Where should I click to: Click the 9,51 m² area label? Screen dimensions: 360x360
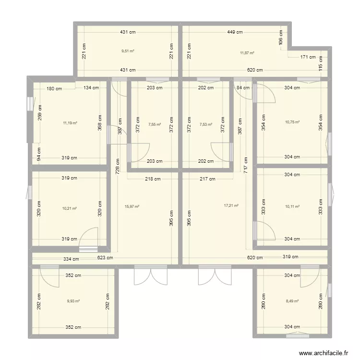[x=128, y=50]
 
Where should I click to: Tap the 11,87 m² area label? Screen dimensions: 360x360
[x=247, y=53]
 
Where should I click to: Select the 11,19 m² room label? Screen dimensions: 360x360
[x=70, y=123]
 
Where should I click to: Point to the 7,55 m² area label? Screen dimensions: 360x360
[x=154, y=124]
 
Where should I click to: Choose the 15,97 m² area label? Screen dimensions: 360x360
[x=132, y=206]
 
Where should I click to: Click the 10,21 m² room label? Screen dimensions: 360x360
[x=70, y=208]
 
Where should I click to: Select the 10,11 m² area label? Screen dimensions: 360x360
[x=292, y=206]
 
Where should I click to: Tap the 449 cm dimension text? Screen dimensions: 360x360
[x=235, y=32]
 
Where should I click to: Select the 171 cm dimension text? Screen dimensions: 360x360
[x=308, y=57]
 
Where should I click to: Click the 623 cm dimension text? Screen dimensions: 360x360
[x=105, y=258]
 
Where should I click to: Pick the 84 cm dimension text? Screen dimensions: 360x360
[x=240, y=87]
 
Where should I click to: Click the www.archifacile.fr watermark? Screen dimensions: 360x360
[x=324, y=353]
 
